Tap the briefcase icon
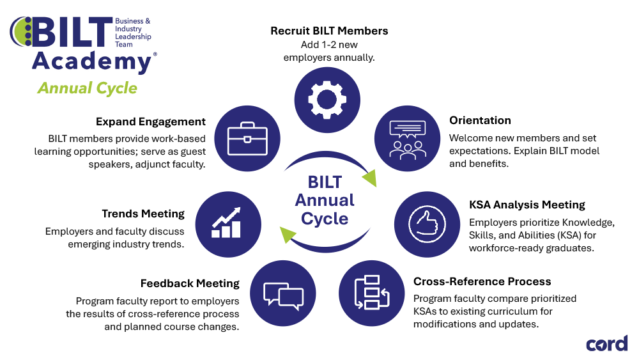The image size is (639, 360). [246, 136]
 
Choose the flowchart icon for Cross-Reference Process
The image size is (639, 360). [371, 293]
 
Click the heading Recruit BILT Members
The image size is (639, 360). [329, 31]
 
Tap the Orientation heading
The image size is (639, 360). [480, 120]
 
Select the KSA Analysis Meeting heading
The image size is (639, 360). [527, 205]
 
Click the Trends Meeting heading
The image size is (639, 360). [143, 214]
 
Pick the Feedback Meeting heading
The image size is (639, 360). [190, 283]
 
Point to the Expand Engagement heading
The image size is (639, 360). [151, 121]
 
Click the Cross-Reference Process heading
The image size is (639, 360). [482, 281]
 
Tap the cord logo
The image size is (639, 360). [606, 343]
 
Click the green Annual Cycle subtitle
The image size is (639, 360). [87, 88]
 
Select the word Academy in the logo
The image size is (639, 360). [91, 61]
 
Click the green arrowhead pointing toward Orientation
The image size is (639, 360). [369, 176]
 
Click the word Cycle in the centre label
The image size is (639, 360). [325, 219]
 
